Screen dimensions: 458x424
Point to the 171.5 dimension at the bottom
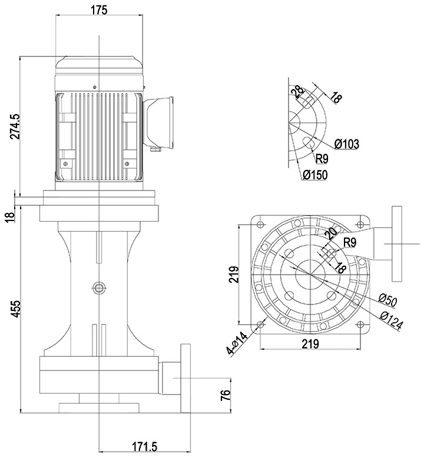[143, 447]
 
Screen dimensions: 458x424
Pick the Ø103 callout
[347, 143]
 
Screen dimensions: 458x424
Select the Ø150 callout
[315, 175]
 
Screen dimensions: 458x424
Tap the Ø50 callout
[389, 300]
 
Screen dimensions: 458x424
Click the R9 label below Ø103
[322, 158]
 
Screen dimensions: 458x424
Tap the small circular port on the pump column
[98, 287]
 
